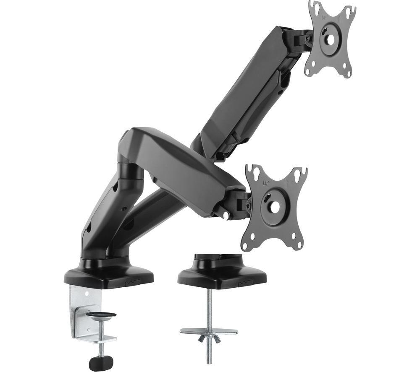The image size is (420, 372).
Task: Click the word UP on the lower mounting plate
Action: pyautogui.click(x=266, y=183)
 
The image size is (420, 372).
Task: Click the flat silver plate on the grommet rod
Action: pyautogui.click(x=209, y=332)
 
